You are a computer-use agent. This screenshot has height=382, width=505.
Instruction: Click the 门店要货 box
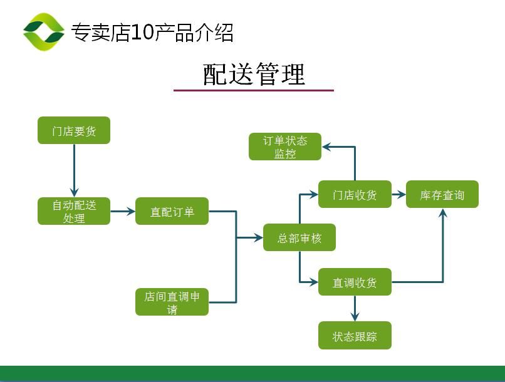pos(74,131)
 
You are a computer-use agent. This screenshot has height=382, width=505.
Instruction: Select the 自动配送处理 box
pos(74,211)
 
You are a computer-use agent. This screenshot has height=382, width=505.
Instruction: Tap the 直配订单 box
pos(172,211)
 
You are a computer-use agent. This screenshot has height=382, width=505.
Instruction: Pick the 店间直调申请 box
pos(172,302)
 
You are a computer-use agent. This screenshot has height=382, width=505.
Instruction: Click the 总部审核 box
pos(299,237)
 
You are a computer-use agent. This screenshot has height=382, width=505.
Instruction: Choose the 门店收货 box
pos(355,195)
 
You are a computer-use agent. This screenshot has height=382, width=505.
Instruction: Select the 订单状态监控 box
pos(285,147)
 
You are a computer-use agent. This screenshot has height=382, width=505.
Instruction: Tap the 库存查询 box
pos(442,195)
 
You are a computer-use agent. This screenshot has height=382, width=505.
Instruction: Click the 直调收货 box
pos(355,282)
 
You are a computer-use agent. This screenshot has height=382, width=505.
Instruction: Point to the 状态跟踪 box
pos(355,336)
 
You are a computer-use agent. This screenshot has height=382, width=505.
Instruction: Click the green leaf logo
pos(44,32)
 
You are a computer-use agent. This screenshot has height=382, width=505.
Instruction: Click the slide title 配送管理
pos(254,75)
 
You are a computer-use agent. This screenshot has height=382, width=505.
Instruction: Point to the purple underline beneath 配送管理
pos(254,91)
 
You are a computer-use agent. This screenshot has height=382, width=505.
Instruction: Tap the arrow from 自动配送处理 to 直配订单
pos(123,212)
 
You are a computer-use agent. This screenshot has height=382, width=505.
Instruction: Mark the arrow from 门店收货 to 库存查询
pos(399,195)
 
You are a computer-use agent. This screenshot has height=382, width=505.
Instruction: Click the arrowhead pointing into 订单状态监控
pos(327,147)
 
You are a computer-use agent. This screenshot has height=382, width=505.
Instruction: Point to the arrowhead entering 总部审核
pos(258,238)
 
